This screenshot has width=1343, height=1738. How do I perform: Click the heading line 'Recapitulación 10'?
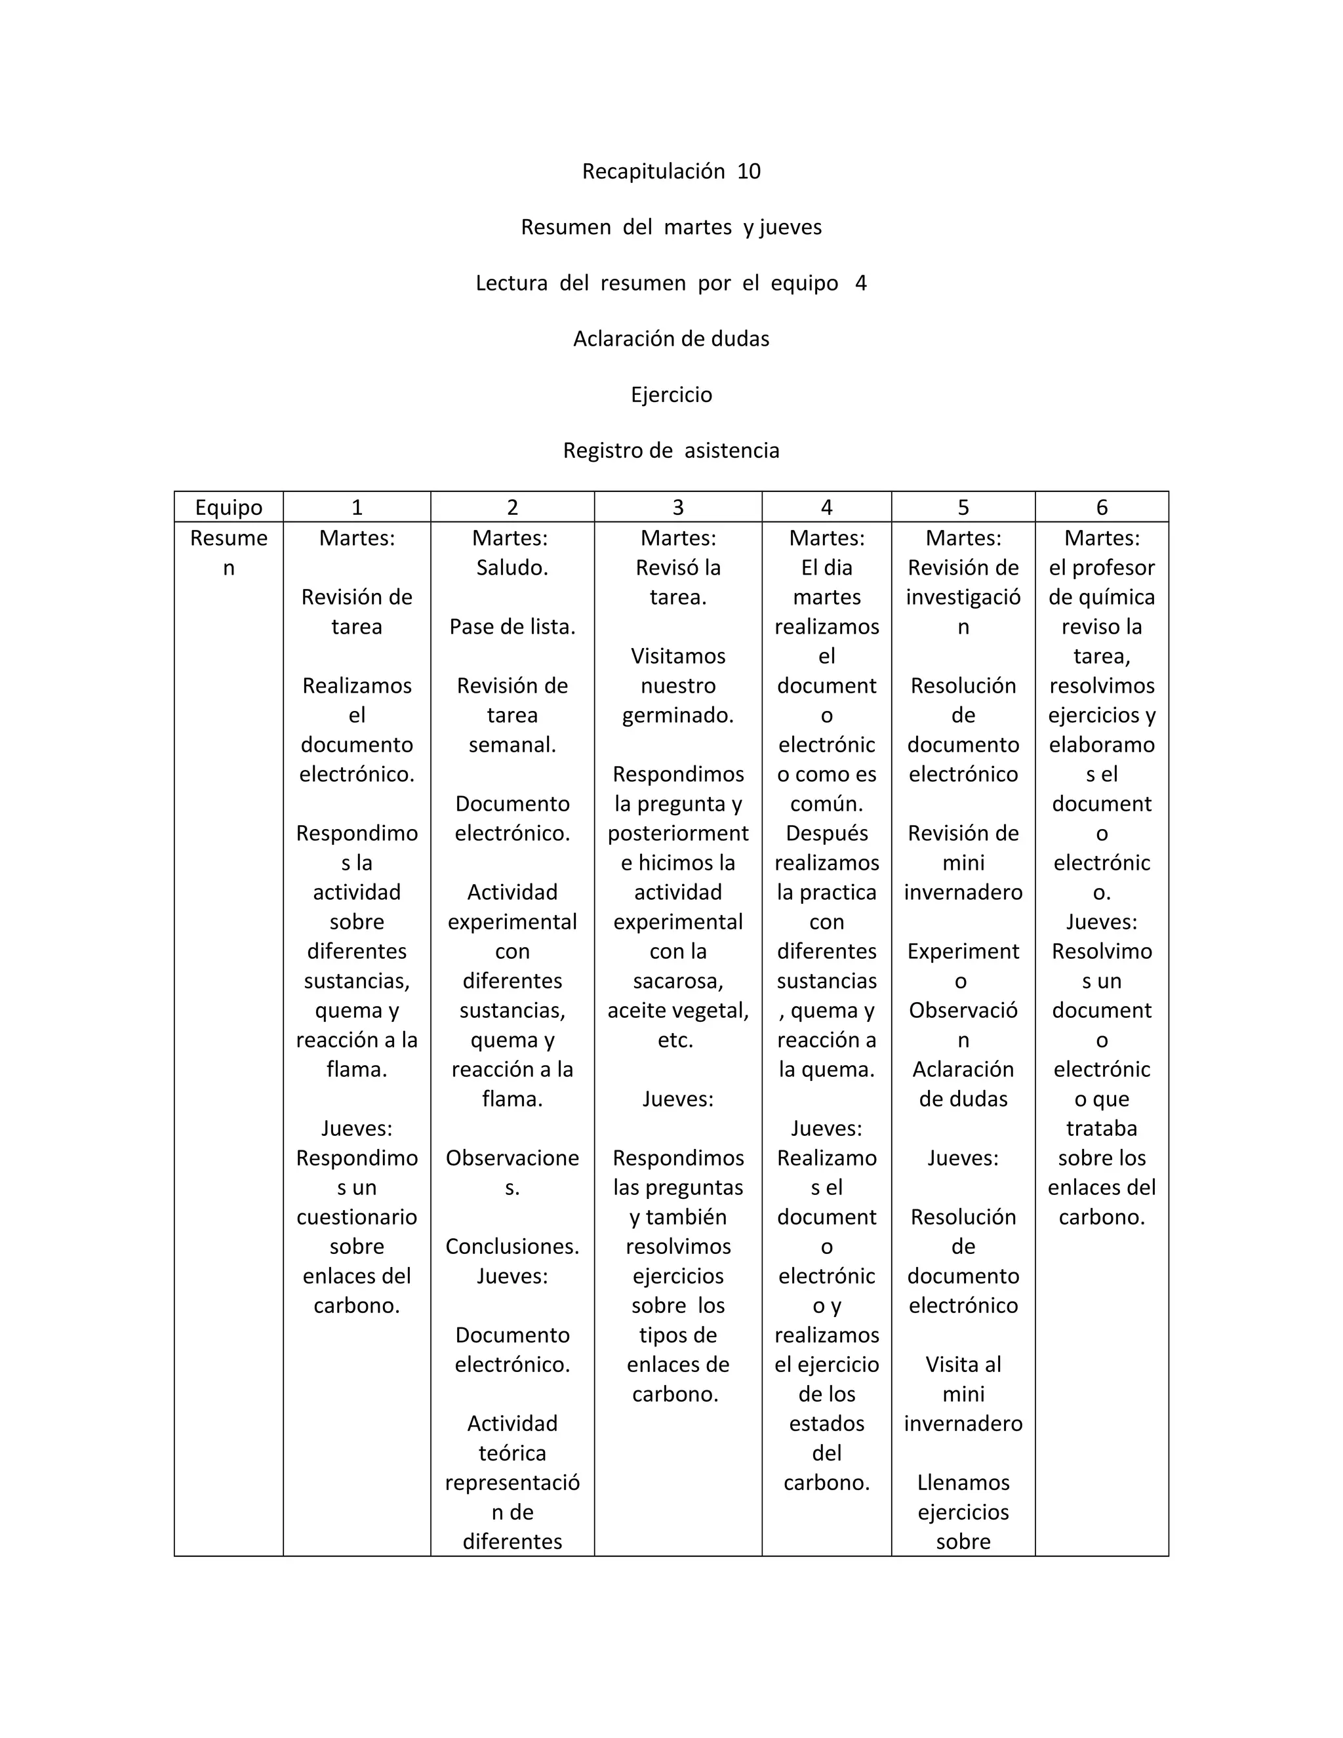coord(671,171)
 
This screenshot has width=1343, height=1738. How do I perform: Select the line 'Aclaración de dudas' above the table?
coord(671,339)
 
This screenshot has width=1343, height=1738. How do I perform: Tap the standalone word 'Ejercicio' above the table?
coord(671,395)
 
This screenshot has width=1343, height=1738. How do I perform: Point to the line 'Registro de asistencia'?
coord(671,451)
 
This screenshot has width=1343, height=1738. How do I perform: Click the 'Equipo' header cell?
coord(228,507)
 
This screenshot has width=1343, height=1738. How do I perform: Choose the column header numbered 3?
coord(678,507)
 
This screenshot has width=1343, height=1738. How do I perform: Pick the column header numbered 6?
coord(1101,507)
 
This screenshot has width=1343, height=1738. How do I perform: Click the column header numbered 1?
coord(357,507)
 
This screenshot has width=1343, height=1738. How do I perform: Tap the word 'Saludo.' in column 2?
coord(512,567)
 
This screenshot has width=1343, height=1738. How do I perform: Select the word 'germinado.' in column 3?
coord(678,715)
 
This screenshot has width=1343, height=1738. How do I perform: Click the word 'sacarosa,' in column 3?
coord(678,980)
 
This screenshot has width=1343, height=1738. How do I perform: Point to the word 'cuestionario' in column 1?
coord(357,1217)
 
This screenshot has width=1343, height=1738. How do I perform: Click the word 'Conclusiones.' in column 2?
coord(512,1246)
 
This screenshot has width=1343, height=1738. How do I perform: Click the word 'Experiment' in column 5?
coord(963,951)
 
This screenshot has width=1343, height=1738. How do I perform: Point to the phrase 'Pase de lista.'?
coord(512,626)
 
